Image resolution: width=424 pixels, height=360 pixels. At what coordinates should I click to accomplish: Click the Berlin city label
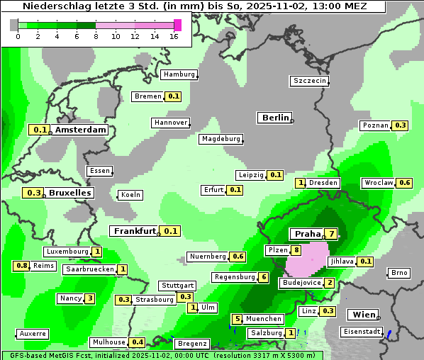(x=275, y=118)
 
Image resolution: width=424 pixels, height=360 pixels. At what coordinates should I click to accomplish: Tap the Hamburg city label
(x=179, y=74)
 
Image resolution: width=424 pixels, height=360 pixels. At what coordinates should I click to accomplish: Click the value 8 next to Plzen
(x=296, y=250)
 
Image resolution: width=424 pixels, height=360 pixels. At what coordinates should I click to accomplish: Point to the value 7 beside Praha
(x=330, y=234)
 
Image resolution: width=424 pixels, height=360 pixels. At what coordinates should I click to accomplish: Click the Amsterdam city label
(x=80, y=130)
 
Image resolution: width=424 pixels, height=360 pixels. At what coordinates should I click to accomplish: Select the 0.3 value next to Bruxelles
(x=33, y=193)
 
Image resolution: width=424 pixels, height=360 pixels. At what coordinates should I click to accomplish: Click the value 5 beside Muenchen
(x=238, y=319)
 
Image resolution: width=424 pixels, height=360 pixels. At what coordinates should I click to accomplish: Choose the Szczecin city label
(x=309, y=81)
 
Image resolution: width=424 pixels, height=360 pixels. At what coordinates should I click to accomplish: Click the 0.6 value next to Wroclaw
(x=405, y=183)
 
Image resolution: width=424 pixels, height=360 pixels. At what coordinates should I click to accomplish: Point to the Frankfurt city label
(x=134, y=231)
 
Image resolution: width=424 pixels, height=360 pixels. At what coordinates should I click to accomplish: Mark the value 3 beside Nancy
(x=89, y=298)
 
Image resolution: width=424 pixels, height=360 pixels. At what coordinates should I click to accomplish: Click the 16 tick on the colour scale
(x=174, y=36)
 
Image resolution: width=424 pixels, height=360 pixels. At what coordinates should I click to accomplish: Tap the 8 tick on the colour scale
(x=96, y=36)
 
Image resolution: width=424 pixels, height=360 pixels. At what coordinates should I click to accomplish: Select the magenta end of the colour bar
(x=177, y=25)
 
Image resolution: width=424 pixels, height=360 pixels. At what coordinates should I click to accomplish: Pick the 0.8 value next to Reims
(x=21, y=266)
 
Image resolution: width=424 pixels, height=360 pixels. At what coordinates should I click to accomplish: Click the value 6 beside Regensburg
(x=263, y=277)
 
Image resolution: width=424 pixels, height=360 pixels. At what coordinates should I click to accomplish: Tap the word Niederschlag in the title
(x=53, y=6)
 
